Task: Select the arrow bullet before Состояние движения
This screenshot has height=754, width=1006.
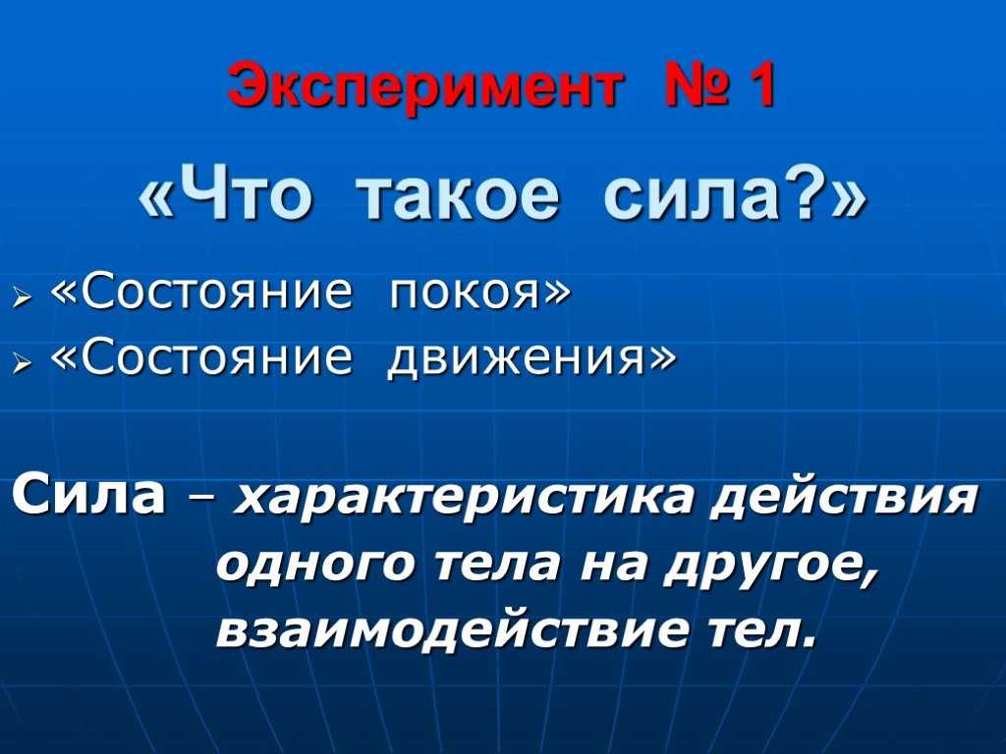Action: click(x=23, y=363)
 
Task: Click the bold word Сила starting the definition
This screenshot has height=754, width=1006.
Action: click(x=87, y=495)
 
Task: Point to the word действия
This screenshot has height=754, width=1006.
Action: click(x=844, y=497)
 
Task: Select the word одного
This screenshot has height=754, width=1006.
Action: click(x=317, y=566)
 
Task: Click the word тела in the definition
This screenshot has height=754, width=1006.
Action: click(x=497, y=567)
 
